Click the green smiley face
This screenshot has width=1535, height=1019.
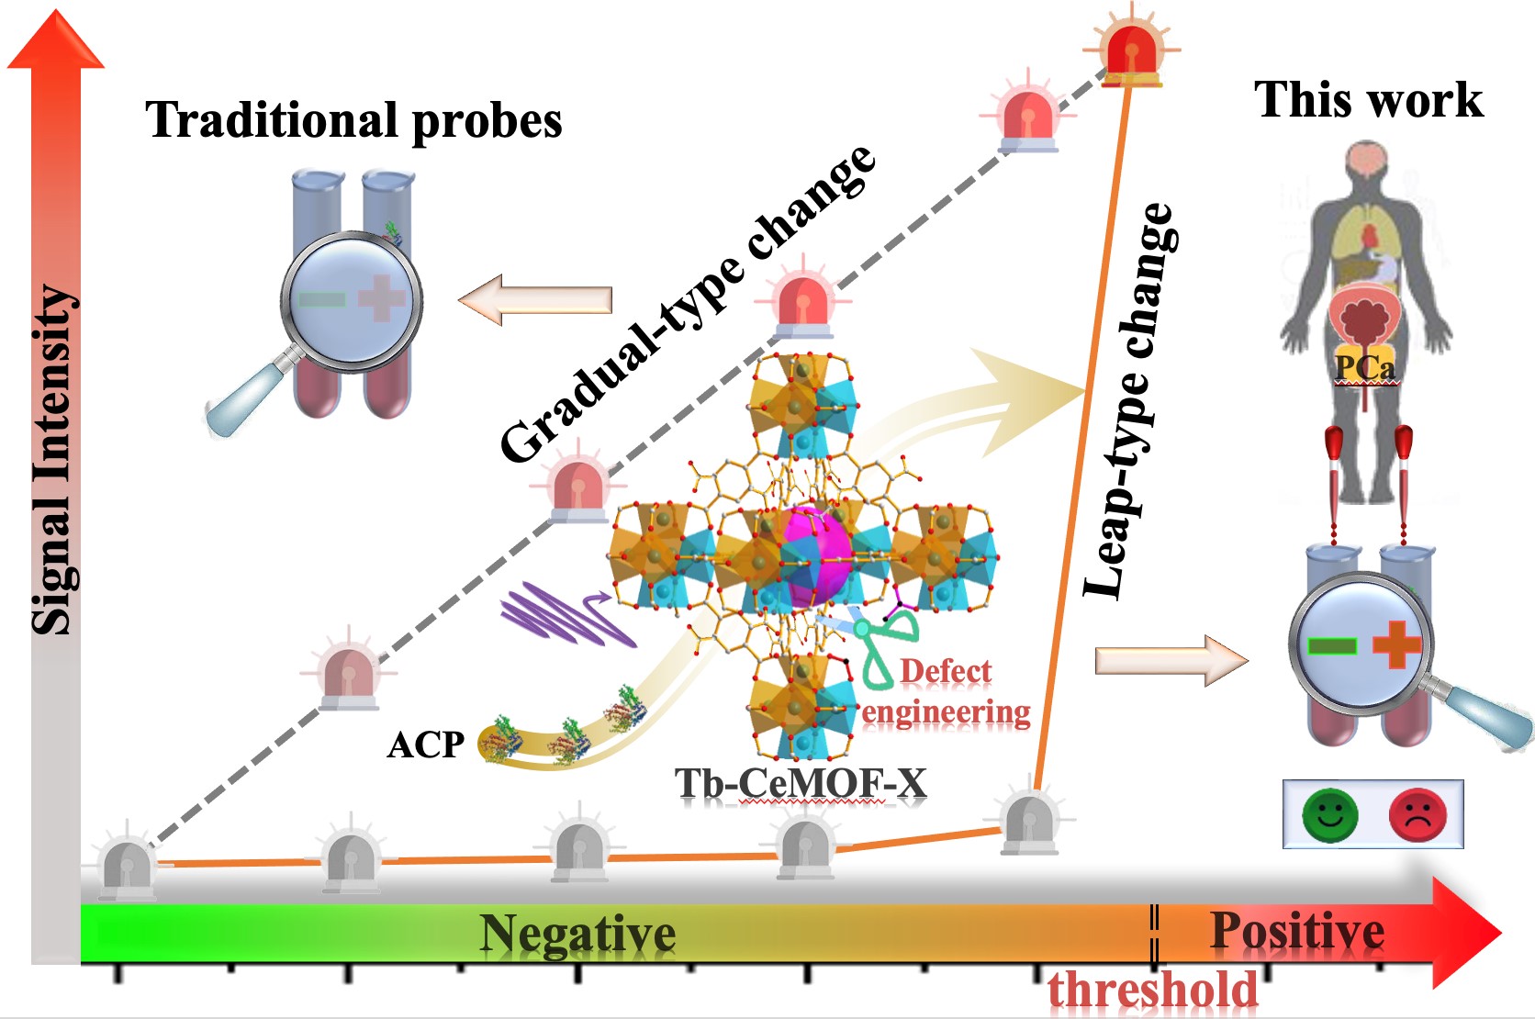click(1329, 815)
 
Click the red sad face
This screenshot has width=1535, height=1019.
click(1417, 815)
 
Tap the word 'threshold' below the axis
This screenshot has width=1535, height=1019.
click(1152, 991)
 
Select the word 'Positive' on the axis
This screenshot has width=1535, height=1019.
click(1297, 931)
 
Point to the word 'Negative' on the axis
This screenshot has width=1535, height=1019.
click(577, 934)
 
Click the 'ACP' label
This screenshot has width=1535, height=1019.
click(426, 745)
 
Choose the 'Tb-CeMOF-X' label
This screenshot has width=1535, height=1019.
click(801, 782)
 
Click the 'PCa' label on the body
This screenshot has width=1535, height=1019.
click(1363, 367)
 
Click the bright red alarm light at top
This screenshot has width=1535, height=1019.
click(1131, 51)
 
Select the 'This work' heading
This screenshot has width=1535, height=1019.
click(1369, 100)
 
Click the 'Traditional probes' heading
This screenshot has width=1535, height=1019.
click(353, 120)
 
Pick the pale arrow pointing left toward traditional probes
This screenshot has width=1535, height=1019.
click(535, 299)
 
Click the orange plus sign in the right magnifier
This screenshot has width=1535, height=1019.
click(1396, 644)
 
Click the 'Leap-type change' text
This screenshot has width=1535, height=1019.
click(1130, 401)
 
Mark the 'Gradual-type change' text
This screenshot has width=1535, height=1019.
click(688, 304)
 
